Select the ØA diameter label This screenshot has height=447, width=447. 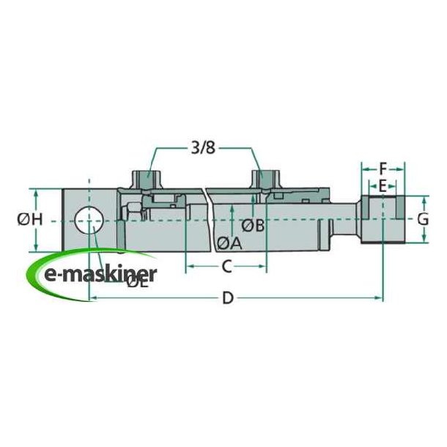[x=229, y=243]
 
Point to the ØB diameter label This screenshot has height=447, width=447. [x=253, y=225]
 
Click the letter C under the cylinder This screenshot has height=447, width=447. [x=226, y=266]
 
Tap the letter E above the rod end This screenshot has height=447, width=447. [x=381, y=185]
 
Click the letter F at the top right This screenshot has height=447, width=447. [x=381, y=167]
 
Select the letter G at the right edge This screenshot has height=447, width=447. [x=421, y=218]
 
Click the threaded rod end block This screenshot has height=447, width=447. [x=381, y=218]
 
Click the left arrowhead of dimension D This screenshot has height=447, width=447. [x=92, y=298]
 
